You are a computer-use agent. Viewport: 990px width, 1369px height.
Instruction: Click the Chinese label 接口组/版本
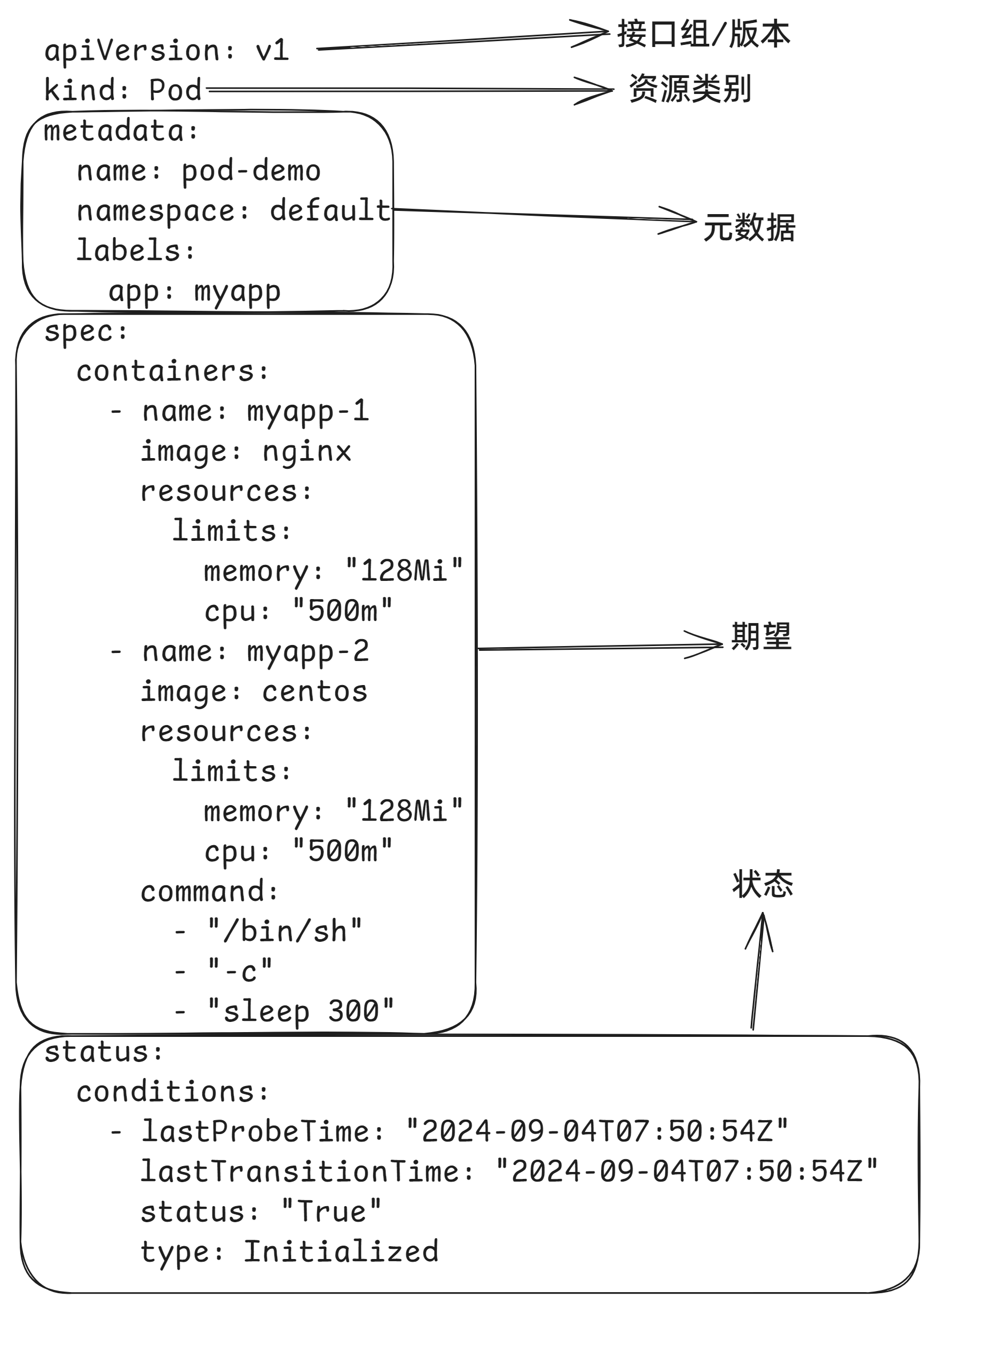(703, 34)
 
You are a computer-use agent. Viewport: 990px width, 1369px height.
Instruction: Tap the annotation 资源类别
(690, 89)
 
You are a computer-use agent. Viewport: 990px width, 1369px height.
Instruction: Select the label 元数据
(749, 228)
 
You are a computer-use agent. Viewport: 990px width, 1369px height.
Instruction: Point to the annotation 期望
(760, 637)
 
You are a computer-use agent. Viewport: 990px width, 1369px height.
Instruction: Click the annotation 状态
(763, 884)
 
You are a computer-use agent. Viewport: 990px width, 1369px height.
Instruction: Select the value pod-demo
(250, 171)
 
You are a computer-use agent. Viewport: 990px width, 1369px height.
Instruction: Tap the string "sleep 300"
(300, 1012)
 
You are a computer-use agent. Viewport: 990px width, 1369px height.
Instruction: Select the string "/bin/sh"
(284, 931)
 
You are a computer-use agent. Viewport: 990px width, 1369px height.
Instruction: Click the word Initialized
(341, 1252)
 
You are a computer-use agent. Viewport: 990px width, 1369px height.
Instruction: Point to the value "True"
(332, 1212)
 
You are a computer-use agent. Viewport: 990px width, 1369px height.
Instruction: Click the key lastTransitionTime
(300, 1171)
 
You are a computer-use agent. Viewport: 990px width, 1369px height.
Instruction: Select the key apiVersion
(131, 51)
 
